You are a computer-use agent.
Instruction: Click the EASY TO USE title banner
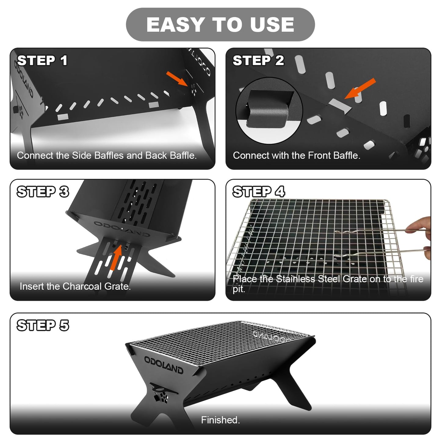pyautogui.click(x=220, y=24)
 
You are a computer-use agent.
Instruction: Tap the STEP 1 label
pyautogui.click(x=42, y=60)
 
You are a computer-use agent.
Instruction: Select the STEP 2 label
pyautogui.click(x=258, y=60)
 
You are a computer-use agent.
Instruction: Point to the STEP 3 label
pyautogui.click(x=43, y=192)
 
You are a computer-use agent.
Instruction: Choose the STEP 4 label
pyautogui.click(x=258, y=192)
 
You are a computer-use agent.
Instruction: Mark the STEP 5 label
pyautogui.click(x=43, y=325)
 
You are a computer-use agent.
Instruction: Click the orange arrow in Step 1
pyautogui.click(x=177, y=79)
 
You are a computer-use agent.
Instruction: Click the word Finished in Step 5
pyautogui.click(x=220, y=420)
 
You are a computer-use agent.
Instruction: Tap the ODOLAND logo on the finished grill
pyautogui.click(x=164, y=364)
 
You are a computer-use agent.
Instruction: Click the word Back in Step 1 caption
pyautogui.click(x=156, y=155)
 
